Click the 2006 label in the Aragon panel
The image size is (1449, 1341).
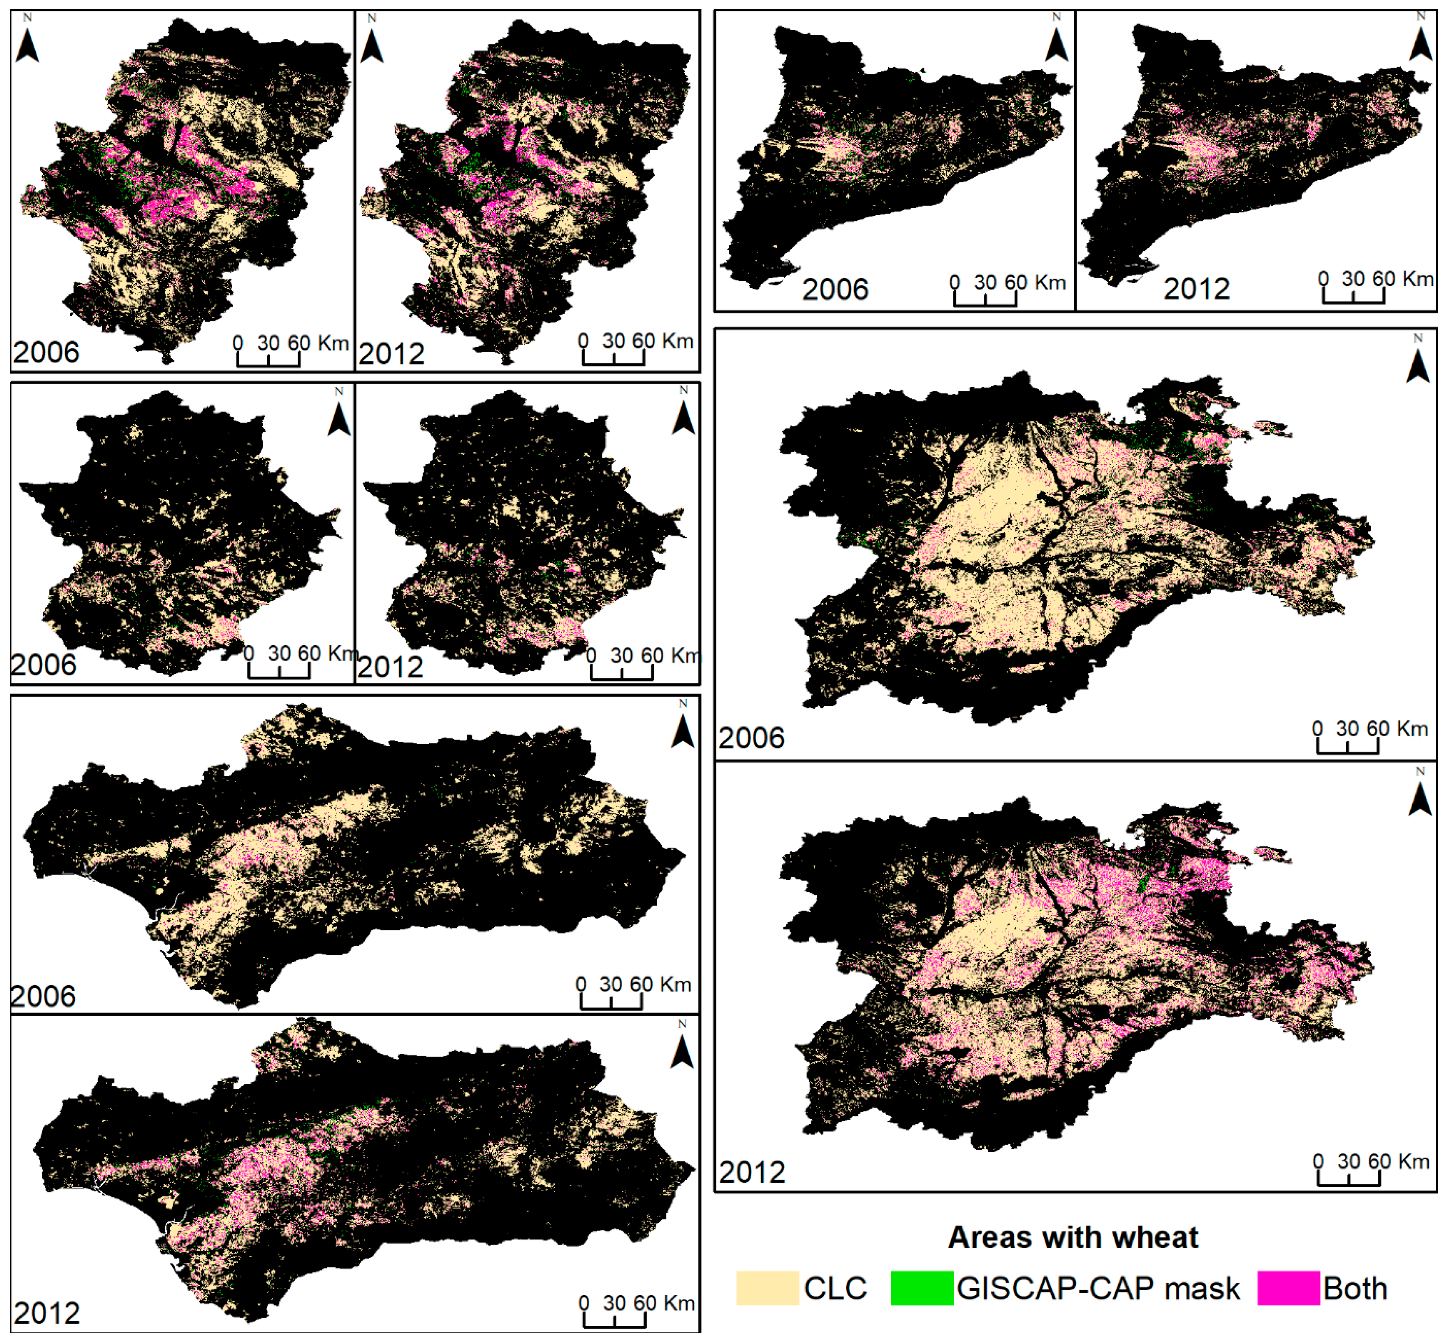tap(46, 352)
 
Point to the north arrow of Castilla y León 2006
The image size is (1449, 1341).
tap(1418, 363)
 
